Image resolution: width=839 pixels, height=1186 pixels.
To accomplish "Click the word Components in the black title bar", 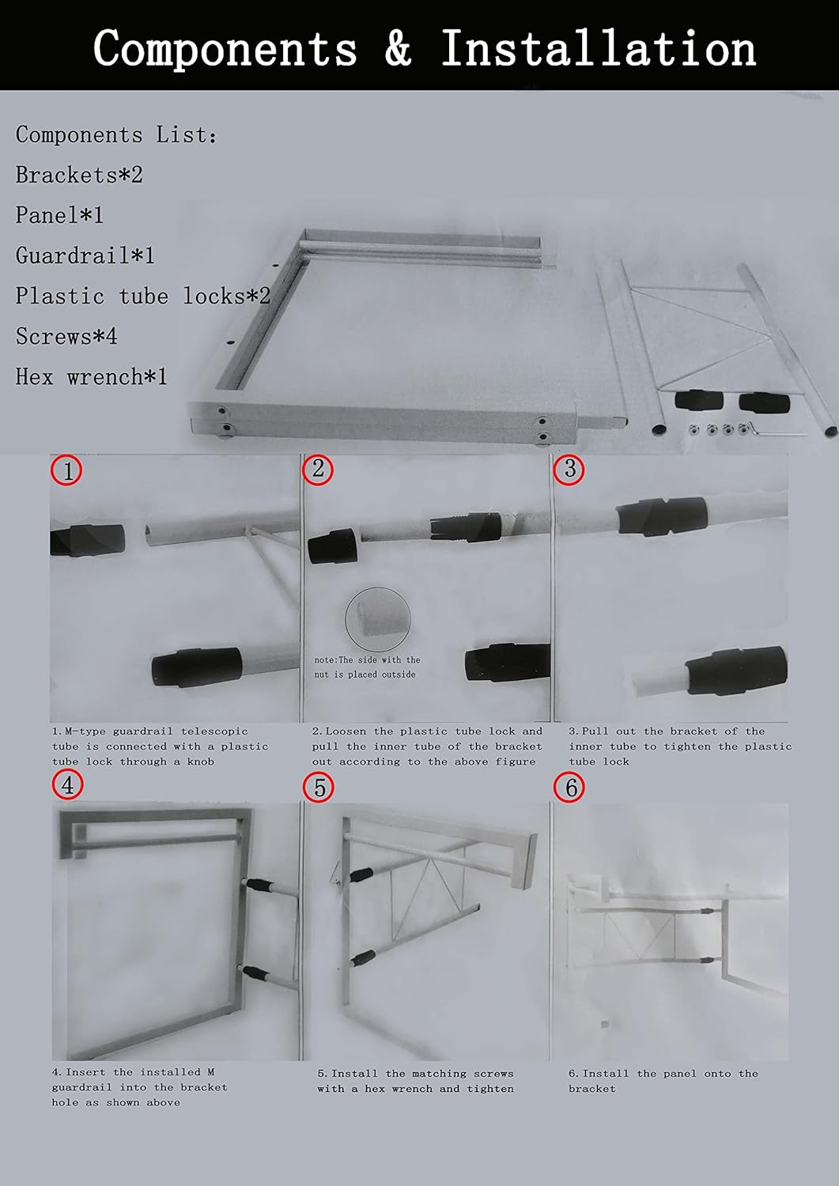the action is point(225,49).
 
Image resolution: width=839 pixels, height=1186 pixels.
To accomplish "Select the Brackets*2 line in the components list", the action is point(79,175).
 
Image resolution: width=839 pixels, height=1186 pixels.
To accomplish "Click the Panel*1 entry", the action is point(59,215).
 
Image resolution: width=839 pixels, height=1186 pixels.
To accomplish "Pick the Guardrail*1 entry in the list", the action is point(85,255).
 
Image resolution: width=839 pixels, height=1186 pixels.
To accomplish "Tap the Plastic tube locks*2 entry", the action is point(143,296).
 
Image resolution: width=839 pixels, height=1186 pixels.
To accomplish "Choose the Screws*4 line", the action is point(66,336).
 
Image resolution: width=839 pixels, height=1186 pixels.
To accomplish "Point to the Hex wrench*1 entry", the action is point(92,376).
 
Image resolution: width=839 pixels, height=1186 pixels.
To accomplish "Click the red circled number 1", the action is point(66,470).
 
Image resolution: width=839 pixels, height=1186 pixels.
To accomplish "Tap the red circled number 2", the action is point(318,469).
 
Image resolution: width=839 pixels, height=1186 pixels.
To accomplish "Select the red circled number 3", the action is point(569,469).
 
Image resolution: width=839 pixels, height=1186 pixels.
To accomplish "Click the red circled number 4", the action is point(67,784).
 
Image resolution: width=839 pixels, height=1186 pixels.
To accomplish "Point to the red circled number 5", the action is point(319,788).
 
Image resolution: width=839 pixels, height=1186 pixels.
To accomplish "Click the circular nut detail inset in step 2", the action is point(378,618).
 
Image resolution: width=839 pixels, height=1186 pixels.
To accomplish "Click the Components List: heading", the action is point(116,134).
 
